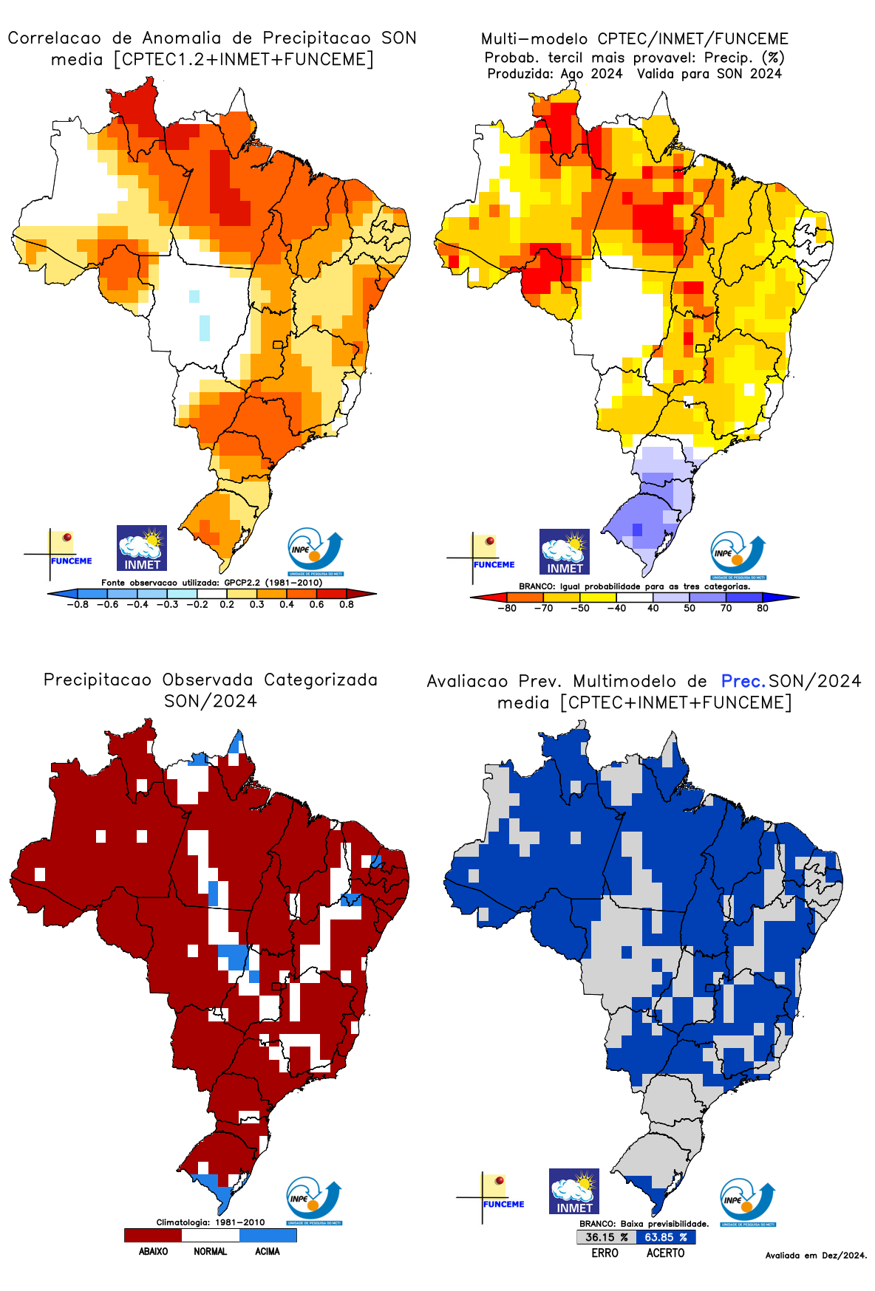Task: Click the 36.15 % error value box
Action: pyautogui.click(x=606, y=1237)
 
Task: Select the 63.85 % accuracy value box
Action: pyautogui.click(x=666, y=1237)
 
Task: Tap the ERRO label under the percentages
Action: pyautogui.click(x=605, y=1253)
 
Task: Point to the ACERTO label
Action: pyautogui.click(x=665, y=1253)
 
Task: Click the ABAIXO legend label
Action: pyautogui.click(x=153, y=1252)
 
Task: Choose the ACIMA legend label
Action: pyautogui.click(x=267, y=1252)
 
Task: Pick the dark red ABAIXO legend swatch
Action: pyautogui.click(x=153, y=1235)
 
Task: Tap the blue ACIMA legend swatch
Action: pyautogui.click(x=268, y=1235)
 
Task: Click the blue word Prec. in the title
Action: pyautogui.click(x=743, y=681)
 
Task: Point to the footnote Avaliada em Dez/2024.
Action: pyautogui.click(x=816, y=1256)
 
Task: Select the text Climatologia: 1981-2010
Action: pyautogui.click(x=210, y=1222)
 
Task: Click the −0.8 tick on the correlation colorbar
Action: pyautogui.click(x=78, y=605)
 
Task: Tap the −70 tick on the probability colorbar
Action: pyautogui.click(x=543, y=609)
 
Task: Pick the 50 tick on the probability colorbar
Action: pyautogui.click(x=690, y=609)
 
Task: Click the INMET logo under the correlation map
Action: pyautogui.click(x=142, y=548)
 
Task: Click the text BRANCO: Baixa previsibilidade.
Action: pyautogui.click(x=644, y=1224)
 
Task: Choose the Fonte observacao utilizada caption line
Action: pyautogui.click(x=211, y=583)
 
